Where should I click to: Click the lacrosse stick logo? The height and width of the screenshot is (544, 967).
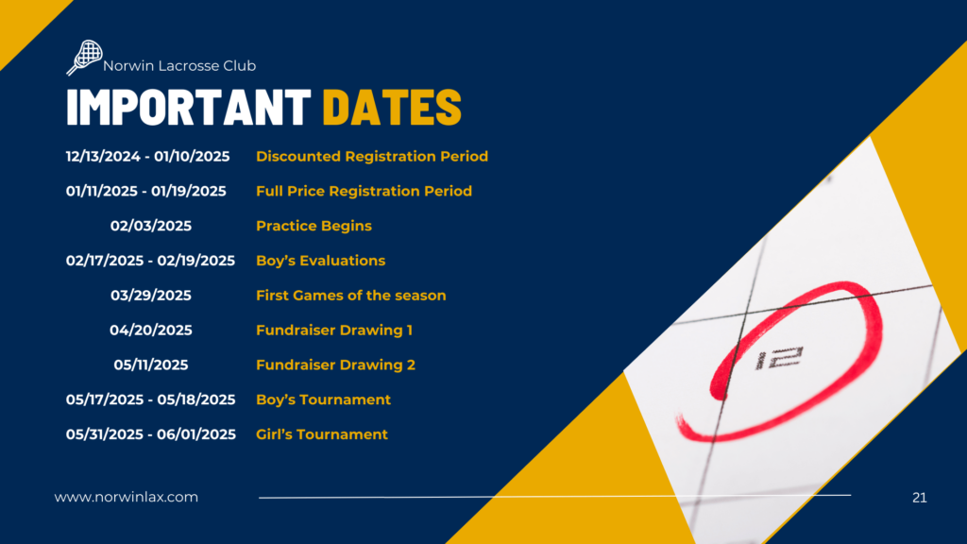coord(84,58)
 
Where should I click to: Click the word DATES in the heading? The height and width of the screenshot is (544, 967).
coord(392,108)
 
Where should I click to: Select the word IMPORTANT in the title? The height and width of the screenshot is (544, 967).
coord(189,108)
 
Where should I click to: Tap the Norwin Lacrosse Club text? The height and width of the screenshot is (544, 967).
coord(179,65)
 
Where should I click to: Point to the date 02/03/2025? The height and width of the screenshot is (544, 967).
coord(151,226)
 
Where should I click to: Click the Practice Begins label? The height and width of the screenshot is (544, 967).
coord(314,227)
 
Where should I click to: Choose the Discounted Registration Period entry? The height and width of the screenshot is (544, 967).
coord(372,157)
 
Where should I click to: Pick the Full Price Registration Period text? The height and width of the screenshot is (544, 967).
coord(364,191)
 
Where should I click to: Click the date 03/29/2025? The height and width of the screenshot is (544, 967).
coord(151,296)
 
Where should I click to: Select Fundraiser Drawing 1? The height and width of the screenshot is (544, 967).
coord(334,331)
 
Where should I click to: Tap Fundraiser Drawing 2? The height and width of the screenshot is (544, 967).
coord(335,365)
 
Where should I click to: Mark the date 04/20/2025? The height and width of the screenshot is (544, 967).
coord(151,330)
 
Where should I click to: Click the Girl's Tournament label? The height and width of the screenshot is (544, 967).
coord(322,434)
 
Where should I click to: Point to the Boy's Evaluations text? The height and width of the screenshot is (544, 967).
coord(321,261)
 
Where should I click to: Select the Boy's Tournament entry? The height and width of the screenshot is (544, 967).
coord(323,399)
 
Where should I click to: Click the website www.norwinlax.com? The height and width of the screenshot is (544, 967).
coord(127,497)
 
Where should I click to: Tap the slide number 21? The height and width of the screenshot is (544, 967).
coord(920,498)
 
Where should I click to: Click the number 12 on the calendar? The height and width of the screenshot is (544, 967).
coord(779,358)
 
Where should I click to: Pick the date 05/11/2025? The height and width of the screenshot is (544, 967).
coord(151,365)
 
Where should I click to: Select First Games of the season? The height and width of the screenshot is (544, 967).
coord(351,296)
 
